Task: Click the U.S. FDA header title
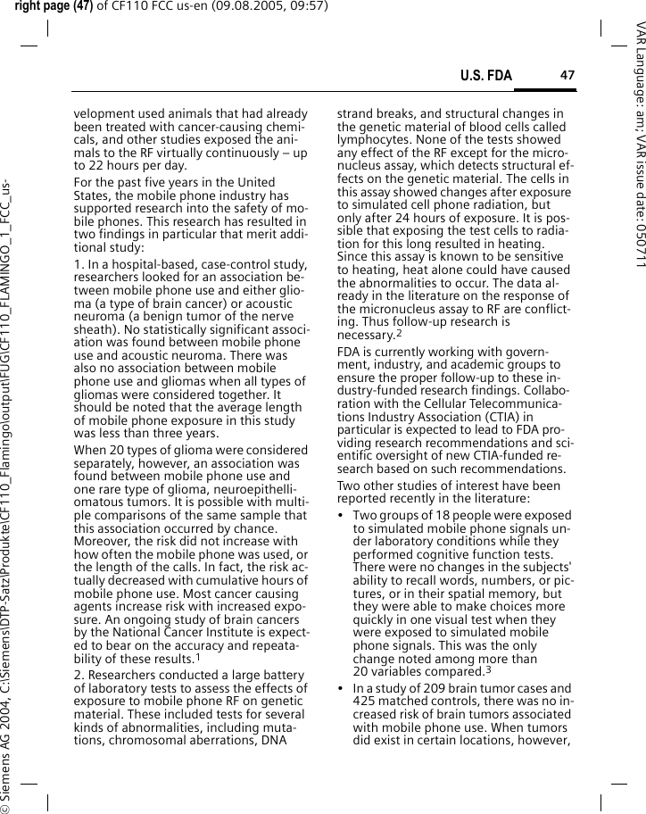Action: (486, 76)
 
